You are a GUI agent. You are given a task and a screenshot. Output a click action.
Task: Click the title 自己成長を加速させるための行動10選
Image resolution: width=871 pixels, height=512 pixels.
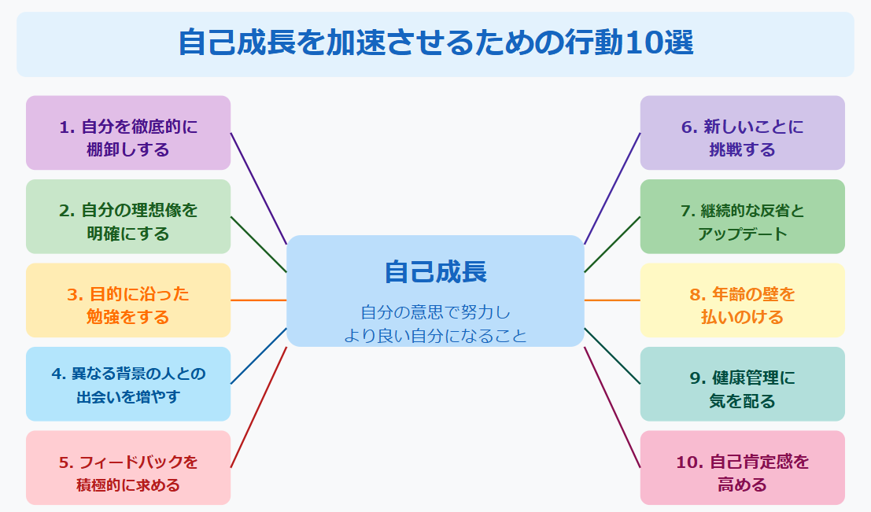click(x=435, y=43)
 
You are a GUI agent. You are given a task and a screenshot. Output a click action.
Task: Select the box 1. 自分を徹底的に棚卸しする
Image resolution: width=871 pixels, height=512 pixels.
click(x=128, y=133)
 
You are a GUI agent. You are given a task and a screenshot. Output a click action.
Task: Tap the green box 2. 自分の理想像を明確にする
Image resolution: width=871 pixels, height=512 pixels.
click(x=128, y=216)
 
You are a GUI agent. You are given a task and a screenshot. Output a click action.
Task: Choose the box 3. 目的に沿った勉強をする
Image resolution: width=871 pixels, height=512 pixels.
click(x=128, y=300)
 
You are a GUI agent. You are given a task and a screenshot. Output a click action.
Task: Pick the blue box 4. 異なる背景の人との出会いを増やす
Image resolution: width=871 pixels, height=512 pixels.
click(x=128, y=384)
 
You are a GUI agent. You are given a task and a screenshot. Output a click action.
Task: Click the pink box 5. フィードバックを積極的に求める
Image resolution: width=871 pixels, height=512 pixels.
click(x=128, y=467)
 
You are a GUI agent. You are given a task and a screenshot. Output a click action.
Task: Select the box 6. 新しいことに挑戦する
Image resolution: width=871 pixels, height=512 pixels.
click(x=742, y=133)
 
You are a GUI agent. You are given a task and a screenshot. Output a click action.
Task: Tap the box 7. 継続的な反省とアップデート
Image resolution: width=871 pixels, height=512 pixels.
click(x=742, y=216)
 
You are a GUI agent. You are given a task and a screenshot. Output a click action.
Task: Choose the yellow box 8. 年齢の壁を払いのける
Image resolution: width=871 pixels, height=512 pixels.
click(x=742, y=300)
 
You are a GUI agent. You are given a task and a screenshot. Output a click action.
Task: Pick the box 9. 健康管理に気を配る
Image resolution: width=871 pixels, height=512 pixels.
click(x=742, y=384)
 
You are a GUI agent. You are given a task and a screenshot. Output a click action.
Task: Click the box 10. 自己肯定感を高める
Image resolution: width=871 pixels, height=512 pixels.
click(x=742, y=467)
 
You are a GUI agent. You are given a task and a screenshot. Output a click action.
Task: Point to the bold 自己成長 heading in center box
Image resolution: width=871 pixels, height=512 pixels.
click(x=435, y=271)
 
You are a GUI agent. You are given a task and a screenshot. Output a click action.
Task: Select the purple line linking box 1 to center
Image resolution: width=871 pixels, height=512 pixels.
click(x=258, y=188)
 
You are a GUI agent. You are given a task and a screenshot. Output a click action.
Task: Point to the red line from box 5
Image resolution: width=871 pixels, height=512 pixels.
click(x=258, y=407)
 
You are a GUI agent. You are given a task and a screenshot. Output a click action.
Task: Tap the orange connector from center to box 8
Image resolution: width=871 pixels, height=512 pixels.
click(x=612, y=300)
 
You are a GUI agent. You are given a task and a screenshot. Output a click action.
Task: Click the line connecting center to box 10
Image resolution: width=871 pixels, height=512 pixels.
click(x=612, y=407)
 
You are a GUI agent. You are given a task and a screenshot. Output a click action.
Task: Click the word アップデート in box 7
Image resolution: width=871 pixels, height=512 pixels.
click(x=742, y=234)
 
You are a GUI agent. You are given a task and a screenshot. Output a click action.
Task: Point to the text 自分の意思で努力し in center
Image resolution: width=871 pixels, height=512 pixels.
click(x=435, y=311)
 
